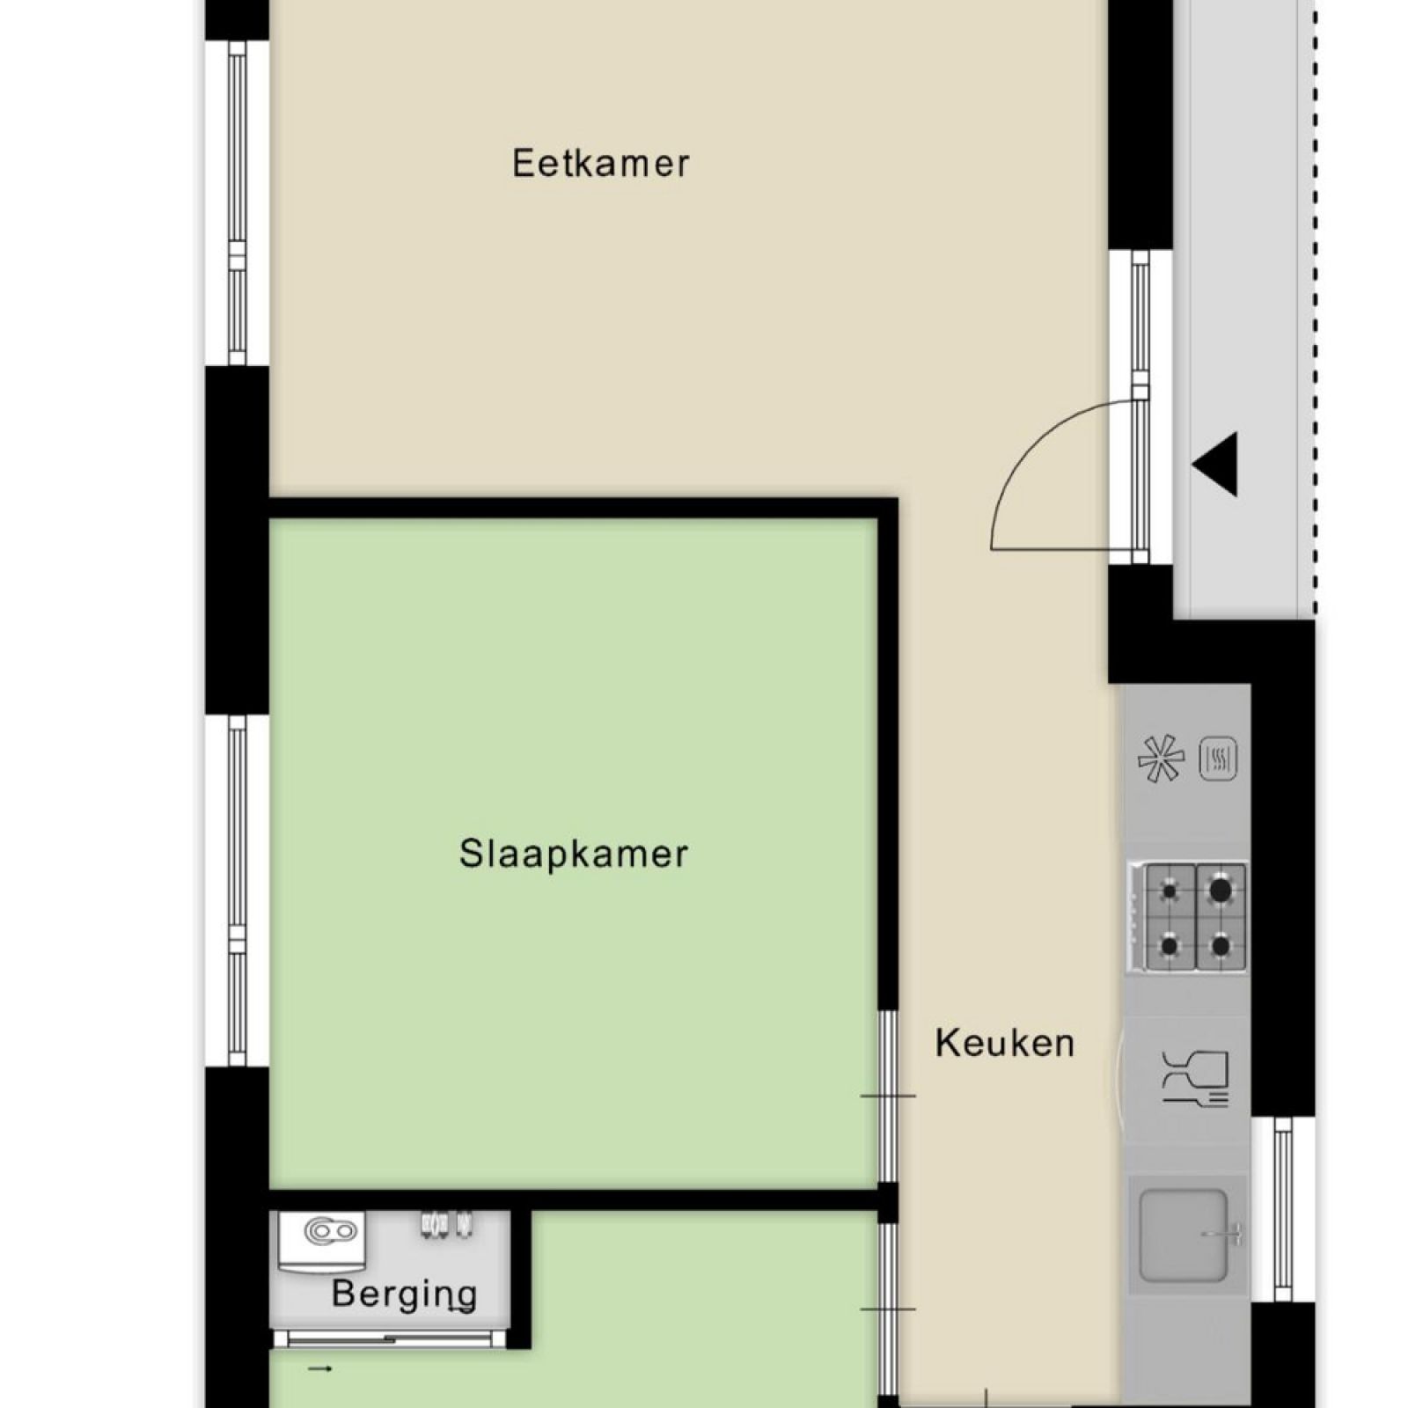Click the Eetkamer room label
[x=601, y=164]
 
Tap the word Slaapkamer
[x=573, y=854]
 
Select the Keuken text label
[x=1004, y=1044]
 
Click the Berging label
[x=404, y=1294]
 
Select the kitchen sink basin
[x=1183, y=1235]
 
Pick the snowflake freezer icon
[x=1160, y=759]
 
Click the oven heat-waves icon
[x=1218, y=759]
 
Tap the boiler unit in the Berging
[x=323, y=1239]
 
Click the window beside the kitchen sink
[x=1283, y=1208]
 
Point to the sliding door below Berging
[x=389, y=1339]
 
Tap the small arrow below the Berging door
[x=320, y=1368]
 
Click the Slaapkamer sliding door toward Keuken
[x=888, y=1096]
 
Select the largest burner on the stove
[x=1220, y=891]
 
